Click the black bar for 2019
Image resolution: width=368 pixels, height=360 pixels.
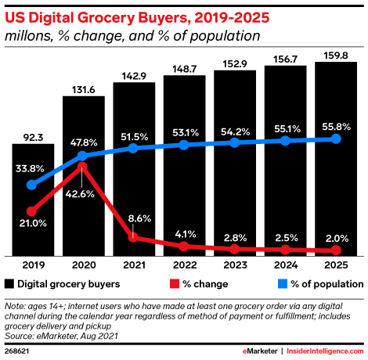click(x=33, y=200)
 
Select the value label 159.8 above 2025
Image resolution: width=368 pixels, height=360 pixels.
click(x=336, y=56)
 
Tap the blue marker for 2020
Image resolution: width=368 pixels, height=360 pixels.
click(x=82, y=156)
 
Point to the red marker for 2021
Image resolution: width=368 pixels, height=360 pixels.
click(x=133, y=237)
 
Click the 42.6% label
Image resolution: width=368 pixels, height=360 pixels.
click(x=80, y=194)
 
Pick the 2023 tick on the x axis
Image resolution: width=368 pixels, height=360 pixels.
click(x=235, y=265)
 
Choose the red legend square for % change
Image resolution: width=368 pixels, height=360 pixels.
click(x=175, y=284)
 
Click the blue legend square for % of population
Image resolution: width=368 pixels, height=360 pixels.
click(x=283, y=284)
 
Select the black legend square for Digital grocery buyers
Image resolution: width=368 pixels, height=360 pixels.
click(x=9, y=284)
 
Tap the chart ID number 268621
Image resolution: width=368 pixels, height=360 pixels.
click(x=16, y=351)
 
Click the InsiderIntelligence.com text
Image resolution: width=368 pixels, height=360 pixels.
click(x=325, y=351)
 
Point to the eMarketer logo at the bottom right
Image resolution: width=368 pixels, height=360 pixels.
click(x=260, y=351)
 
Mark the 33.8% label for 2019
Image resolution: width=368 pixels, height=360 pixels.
click(x=30, y=169)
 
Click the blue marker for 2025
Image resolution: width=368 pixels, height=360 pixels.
click(x=336, y=139)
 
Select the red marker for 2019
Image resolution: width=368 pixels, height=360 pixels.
click(x=31, y=211)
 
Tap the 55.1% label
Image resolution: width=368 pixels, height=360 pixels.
click(x=287, y=129)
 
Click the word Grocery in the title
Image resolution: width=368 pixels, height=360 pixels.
click(x=106, y=18)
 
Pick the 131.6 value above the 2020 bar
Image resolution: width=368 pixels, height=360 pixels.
click(x=84, y=90)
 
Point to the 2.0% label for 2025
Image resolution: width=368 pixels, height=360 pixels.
click(x=337, y=239)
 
